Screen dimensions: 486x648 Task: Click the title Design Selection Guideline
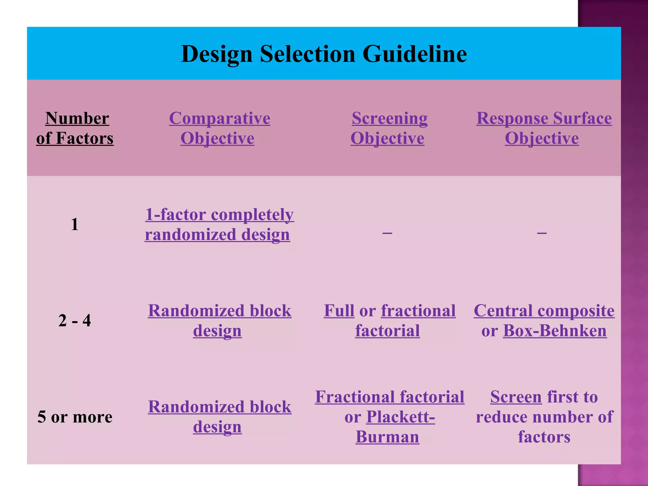(x=324, y=54)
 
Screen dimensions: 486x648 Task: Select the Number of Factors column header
(x=75, y=128)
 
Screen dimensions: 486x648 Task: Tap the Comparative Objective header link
(x=219, y=128)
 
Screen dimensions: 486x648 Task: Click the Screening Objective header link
(x=389, y=128)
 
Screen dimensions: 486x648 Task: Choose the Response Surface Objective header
(x=544, y=128)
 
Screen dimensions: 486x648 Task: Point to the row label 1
(x=75, y=224)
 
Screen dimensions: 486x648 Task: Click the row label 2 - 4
(x=75, y=320)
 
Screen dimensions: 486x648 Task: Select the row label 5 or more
(x=75, y=417)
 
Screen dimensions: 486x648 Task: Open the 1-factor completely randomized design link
(x=219, y=224)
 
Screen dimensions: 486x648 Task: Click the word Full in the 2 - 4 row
(x=339, y=311)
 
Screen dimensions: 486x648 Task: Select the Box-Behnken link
(x=555, y=331)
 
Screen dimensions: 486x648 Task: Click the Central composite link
(x=544, y=311)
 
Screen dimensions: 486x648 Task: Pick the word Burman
(x=387, y=437)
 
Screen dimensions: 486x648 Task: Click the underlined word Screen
(x=516, y=397)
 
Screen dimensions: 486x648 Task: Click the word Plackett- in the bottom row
(x=400, y=417)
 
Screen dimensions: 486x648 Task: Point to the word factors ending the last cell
(x=544, y=437)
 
